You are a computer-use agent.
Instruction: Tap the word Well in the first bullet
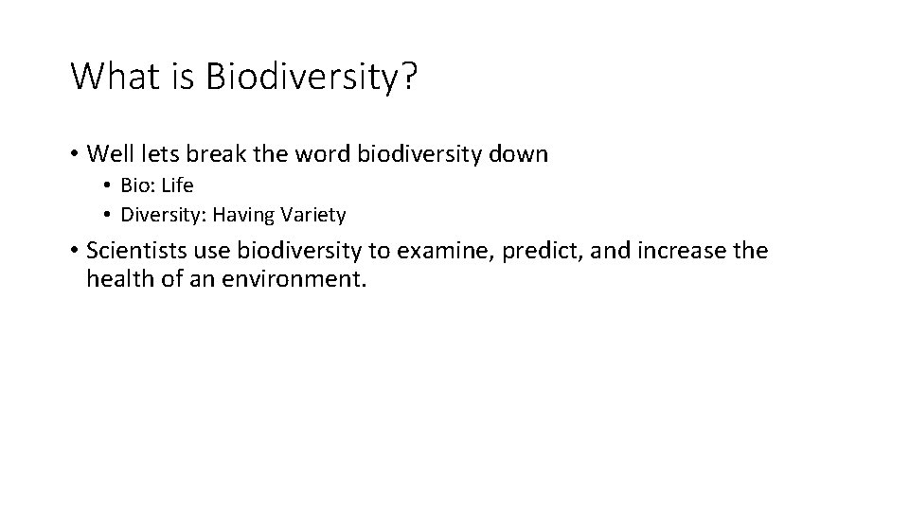[x=108, y=153]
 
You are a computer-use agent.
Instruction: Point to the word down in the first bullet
[x=519, y=153]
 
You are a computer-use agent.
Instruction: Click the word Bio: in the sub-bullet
[x=137, y=185]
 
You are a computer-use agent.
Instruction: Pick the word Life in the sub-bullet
[x=177, y=185]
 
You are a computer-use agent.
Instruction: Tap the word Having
[x=243, y=215]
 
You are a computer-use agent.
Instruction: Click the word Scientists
[x=134, y=251]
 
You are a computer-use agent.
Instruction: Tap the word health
[x=117, y=280]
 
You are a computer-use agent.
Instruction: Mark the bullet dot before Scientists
[x=73, y=252]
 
